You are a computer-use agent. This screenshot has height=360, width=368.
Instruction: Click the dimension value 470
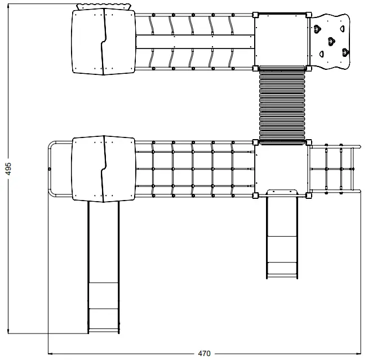coord(204,353)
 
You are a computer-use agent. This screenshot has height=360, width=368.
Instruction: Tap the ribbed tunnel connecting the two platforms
coord(282,104)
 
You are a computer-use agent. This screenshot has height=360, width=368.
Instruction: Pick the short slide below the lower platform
coord(281,234)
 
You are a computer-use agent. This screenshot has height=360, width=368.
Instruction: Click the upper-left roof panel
coord(103,42)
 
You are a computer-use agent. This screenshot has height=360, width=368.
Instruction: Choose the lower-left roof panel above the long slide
coord(103,168)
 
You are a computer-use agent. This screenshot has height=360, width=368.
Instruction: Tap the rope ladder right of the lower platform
coord(333,168)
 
